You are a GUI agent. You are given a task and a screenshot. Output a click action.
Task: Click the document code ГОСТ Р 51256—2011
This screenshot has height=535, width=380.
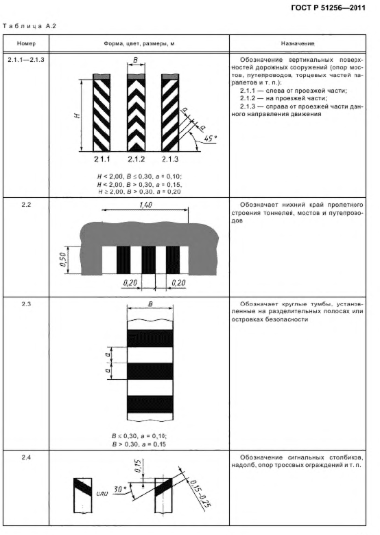[328, 8]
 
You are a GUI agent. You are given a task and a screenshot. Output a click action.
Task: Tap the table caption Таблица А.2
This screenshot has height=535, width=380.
[29, 26]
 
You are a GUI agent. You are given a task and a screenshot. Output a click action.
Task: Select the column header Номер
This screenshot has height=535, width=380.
[26, 44]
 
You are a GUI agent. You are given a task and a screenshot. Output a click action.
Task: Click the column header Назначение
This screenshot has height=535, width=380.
[298, 44]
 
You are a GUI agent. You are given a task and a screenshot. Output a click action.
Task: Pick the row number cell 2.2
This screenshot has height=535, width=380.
[26, 205]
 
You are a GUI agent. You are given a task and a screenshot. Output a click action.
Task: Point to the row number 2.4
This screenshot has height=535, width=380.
[26, 457]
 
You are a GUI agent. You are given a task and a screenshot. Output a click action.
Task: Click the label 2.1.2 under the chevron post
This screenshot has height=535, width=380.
[136, 159]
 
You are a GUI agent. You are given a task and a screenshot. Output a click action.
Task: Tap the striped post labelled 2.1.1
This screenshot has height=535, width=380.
[102, 113]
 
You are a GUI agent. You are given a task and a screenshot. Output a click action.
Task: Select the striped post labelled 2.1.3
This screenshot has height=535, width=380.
[170, 113]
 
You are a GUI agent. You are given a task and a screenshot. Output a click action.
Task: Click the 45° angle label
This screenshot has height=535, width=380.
[211, 139]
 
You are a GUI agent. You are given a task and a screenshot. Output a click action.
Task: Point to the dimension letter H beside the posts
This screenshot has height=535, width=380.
[78, 115]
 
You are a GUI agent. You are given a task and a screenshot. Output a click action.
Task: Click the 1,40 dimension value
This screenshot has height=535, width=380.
[145, 205]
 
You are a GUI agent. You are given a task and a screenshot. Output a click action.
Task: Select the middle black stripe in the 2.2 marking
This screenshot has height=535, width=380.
[149, 260]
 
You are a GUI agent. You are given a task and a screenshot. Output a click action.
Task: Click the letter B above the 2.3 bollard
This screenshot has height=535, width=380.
[151, 304]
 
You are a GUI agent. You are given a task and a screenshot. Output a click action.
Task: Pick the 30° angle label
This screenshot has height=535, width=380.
[119, 489]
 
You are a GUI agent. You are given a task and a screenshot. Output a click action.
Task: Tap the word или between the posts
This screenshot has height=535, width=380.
[102, 493]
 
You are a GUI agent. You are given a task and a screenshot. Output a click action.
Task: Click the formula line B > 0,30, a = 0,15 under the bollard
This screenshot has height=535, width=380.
[139, 444]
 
